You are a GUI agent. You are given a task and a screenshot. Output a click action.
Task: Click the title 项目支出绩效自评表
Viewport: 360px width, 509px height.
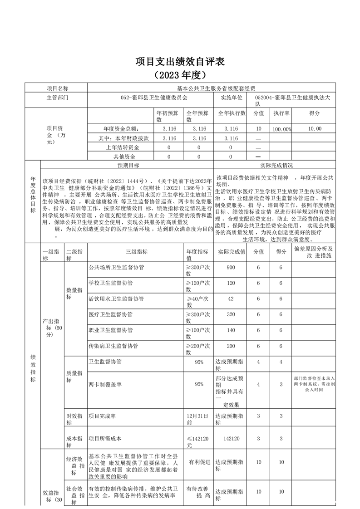[x=180, y=61]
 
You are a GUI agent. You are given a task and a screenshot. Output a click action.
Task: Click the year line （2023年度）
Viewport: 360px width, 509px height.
[x=180, y=74]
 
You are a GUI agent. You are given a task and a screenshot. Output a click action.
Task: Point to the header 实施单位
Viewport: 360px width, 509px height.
[x=232, y=97]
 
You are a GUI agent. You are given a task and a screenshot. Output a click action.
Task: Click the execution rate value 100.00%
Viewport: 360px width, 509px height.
[x=281, y=129]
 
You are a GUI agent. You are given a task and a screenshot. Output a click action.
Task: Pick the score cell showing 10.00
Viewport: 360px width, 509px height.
[x=314, y=129]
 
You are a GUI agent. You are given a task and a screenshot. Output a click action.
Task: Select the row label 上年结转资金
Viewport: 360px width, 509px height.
[x=122, y=147]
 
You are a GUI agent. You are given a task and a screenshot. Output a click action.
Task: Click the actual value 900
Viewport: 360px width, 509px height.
[x=231, y=268]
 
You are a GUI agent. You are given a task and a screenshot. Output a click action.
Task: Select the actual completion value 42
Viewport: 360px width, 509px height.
[x=231, y=299]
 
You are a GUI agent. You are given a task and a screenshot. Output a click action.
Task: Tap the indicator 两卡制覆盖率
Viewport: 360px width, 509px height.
[x=105, y=384]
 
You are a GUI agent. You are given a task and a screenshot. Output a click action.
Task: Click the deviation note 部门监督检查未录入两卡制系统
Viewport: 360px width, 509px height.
[x=314, y=384]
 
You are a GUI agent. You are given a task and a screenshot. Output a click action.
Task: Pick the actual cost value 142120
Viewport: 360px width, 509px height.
[x=231, y=439]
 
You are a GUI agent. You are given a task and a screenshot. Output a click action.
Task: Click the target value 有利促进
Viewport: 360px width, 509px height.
[x=199, y=462]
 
